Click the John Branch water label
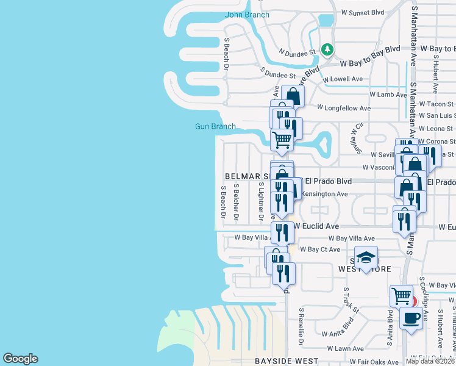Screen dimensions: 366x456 (247, 15)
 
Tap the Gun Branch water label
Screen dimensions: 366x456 (215, 126)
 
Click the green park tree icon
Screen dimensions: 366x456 (328, 49)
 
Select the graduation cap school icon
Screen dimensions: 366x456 (366, 258)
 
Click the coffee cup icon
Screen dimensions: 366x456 (411, 318)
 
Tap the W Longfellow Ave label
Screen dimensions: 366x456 (344, 108)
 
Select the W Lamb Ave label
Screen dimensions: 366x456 (388, 95)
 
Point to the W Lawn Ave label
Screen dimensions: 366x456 (346, 348)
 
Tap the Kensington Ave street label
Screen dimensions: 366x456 (325, 194)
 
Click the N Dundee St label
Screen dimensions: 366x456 (297, 52)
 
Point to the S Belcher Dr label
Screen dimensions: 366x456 (237, 201)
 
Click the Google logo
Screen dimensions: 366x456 (20, 359)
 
